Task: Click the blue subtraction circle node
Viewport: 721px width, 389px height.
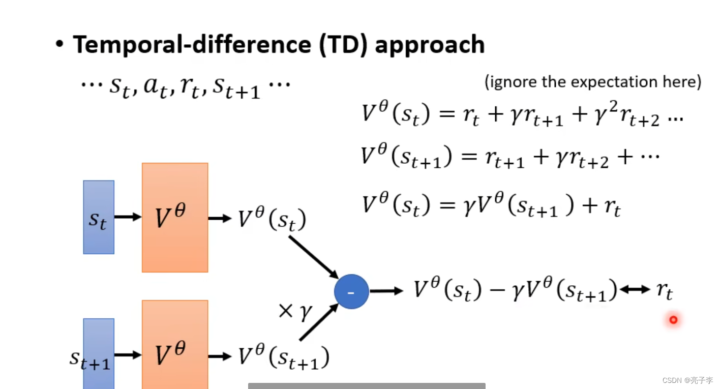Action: [x=351, y=291]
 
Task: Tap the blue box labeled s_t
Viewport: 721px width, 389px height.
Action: [x=99, y=217]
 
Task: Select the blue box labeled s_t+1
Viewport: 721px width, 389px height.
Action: [x=99, y=353]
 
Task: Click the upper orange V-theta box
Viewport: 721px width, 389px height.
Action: [x=175, y=217]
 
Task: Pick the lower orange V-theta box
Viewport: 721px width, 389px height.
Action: [x=175, y=346]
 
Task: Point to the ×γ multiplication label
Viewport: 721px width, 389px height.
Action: [x=294, y=311]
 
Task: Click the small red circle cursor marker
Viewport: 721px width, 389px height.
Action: [x=673, y=320]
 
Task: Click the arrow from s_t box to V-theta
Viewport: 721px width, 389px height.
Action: [x=128, y=217]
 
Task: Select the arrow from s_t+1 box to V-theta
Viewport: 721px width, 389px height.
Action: [x=128, y=355]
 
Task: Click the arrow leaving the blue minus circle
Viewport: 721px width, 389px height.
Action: [x=386, y=291]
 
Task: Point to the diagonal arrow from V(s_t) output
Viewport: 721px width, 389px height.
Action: [x=313, y=257]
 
